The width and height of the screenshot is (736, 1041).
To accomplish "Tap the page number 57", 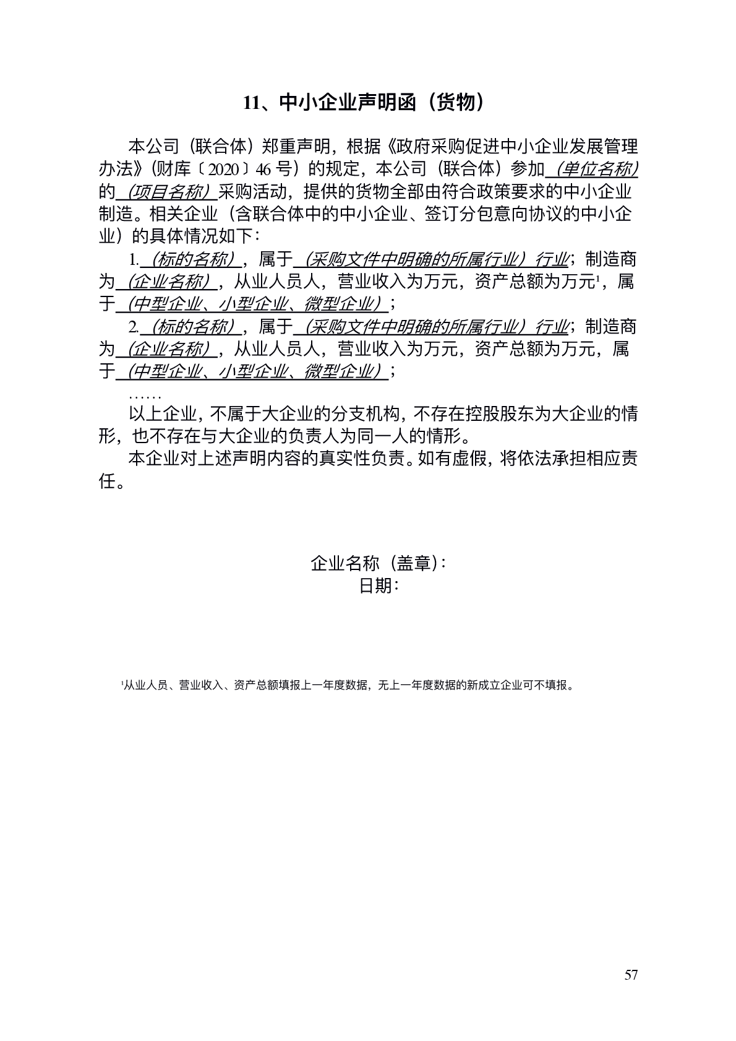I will (x=631, y=975).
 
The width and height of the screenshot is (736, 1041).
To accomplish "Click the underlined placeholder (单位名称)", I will (x=596, y=168).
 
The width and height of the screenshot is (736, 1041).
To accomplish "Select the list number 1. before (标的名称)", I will (x=133, y=259).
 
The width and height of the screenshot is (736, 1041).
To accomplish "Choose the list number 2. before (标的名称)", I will (x=133, y=327).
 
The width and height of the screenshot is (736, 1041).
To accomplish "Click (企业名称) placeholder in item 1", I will (x=166, y=282).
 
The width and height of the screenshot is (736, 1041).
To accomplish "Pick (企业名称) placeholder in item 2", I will (x=166, y=349).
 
